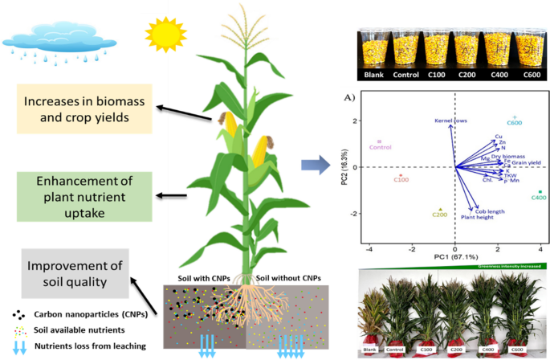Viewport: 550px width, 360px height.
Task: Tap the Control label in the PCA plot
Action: pyautogui.click(x=380, y=147)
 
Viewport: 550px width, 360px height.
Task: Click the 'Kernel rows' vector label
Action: pyautogui.click(x=450, y=121)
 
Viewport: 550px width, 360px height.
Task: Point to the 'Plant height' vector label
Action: pyautogui.click(x=476, y=217)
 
